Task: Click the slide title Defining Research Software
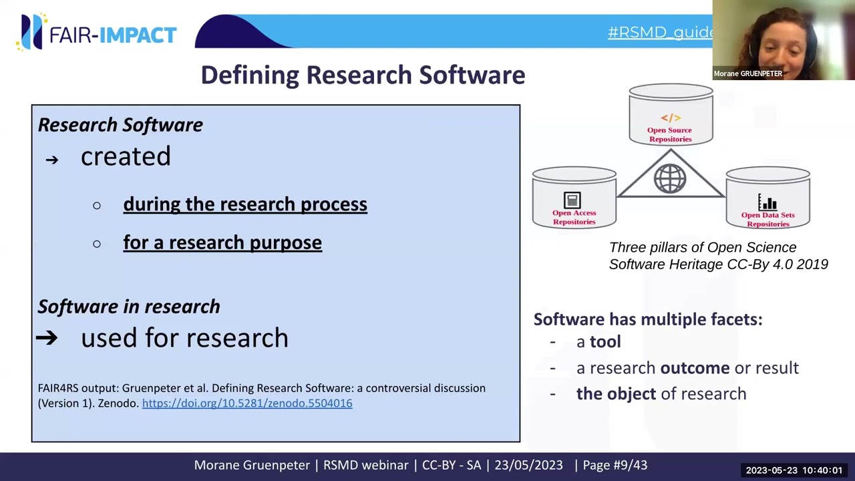point(363,75)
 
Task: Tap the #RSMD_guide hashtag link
point(660,32)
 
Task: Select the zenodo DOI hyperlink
point(246,404)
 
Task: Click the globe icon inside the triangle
point(670,179)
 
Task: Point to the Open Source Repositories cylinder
point(671,115)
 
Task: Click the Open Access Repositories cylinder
point(574,199)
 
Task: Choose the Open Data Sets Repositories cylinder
point(767,199)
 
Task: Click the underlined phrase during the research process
point(245,204)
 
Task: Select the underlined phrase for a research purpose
point(222,243)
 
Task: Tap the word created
point(126,157)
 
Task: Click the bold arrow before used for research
point(47,338)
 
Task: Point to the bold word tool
point(605,342)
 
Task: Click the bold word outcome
point(695,368)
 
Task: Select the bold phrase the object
point(616,394)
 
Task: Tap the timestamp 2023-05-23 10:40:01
point(794,470)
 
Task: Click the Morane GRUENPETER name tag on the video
point(747,73)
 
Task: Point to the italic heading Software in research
point(129,307)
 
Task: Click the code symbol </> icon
point(670,118)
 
